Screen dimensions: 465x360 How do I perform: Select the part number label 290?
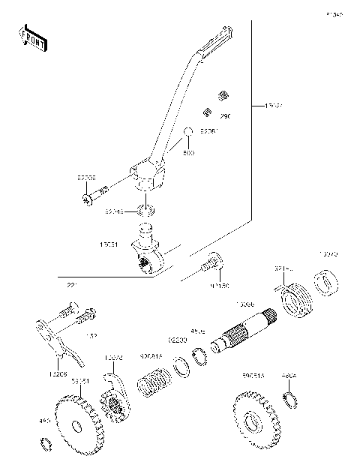point(225,116)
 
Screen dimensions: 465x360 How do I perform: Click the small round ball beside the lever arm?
point(189,133)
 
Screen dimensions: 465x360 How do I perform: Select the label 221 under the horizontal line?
point(71,286)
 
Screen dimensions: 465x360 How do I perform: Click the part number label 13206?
point(59,373)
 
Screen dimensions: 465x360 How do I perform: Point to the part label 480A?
point(289,373)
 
